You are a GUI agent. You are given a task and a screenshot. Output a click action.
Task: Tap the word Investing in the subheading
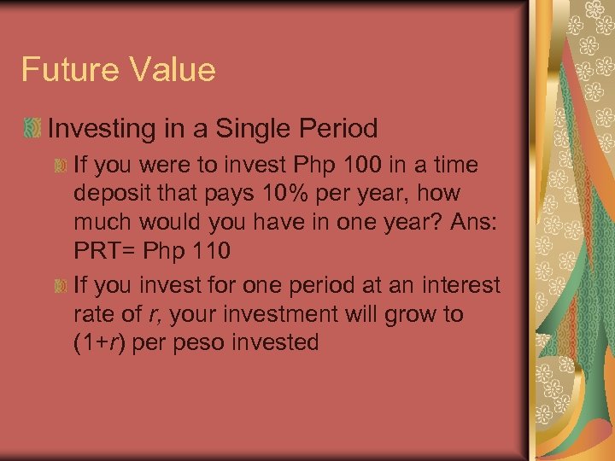[106, 130]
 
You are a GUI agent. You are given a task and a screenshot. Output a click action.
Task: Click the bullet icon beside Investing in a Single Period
[32, 130]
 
